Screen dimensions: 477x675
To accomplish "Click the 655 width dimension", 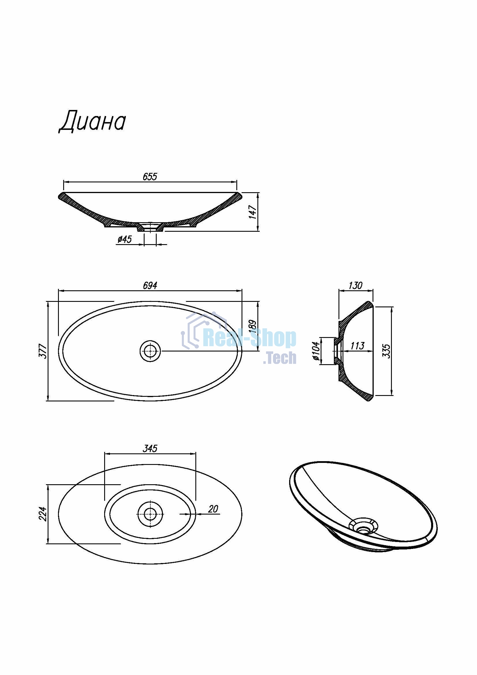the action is (x=150, y=176).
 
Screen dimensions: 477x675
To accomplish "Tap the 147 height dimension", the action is (x=252, y=212).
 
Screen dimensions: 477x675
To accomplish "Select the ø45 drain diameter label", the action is (x=125, y=239).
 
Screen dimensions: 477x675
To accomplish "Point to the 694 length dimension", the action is (x=150, y=285).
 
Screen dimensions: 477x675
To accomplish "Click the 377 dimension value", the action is (x=43, y=351).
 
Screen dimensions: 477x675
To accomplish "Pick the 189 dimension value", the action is (x=252, y=326).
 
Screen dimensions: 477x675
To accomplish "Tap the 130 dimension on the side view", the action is (x=355, y=285).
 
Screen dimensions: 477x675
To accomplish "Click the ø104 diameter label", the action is (x=316, y=351).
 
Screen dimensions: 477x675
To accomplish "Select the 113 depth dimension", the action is (x=357, y=346).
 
